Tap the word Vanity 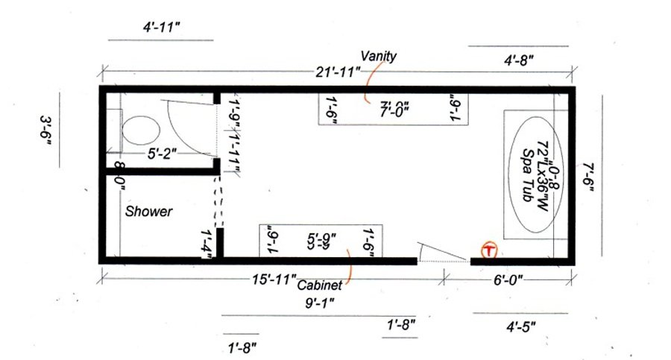click(379, 56)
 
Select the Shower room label click(148, 212)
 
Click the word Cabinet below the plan click(320, 285)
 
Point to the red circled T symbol click(489, 250)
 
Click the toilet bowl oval click(141, 132)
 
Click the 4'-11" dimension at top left click(162, 28)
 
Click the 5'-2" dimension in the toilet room click(161, 154)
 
